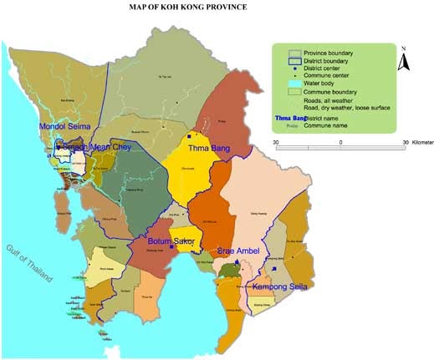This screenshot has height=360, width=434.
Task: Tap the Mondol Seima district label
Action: coord(64,127)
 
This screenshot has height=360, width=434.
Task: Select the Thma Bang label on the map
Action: coord(209,148)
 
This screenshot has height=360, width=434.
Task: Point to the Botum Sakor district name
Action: coord(166,241)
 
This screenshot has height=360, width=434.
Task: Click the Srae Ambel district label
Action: coord(238,251)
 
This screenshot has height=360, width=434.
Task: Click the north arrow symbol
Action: coord(401,60)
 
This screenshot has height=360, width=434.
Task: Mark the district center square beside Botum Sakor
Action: coord(171,247)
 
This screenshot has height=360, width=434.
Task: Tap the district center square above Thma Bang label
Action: coord(191,135)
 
